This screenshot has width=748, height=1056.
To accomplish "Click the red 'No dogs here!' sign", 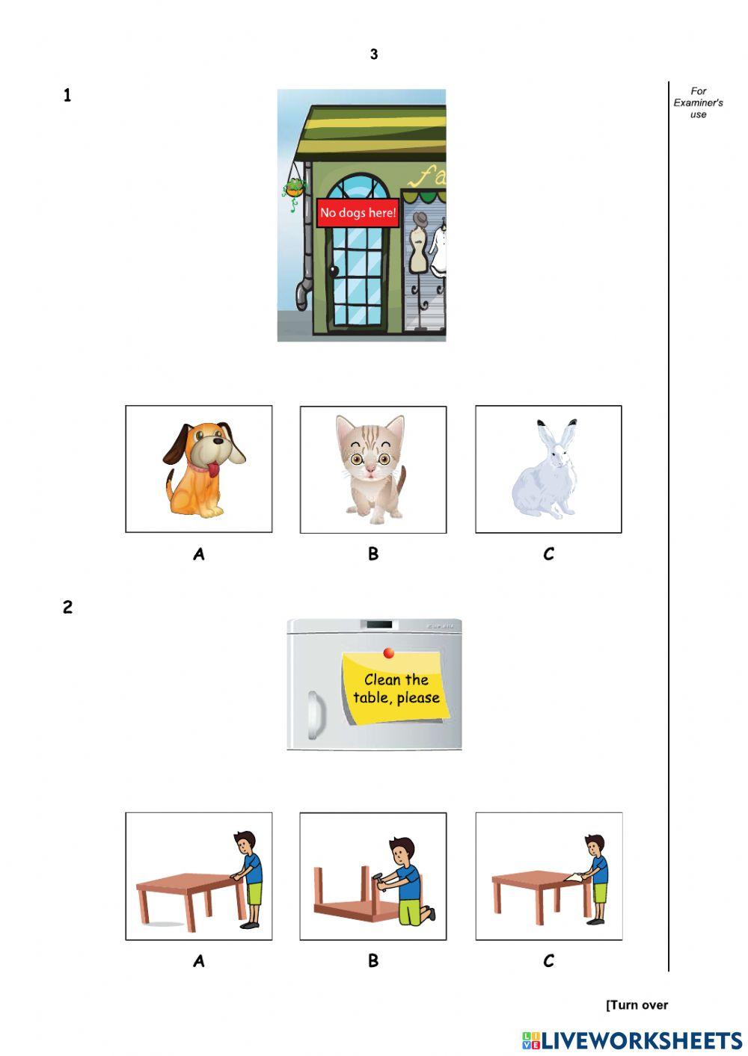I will point(358,212).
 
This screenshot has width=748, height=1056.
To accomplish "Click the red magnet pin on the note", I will point(389,653).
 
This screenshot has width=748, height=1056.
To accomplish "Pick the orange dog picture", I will point(202,469).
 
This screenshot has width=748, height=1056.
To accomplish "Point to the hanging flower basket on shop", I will point(293,188).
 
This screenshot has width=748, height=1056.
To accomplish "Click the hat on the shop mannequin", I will point(420,219).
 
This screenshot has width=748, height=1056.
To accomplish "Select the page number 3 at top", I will point(373,54).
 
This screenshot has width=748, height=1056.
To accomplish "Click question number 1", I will point(67,95).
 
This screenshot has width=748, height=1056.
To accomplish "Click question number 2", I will point(67,607).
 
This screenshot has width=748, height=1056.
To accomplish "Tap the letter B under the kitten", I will point(373,554).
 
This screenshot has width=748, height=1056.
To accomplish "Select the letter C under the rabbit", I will point(548,554).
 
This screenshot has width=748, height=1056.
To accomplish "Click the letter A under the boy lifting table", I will point(198,961).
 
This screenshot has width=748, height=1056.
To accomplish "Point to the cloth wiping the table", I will point(573,878).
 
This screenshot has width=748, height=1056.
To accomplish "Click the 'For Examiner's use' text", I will point(698,102).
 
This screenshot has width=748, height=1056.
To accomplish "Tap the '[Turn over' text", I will point(637,1004).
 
